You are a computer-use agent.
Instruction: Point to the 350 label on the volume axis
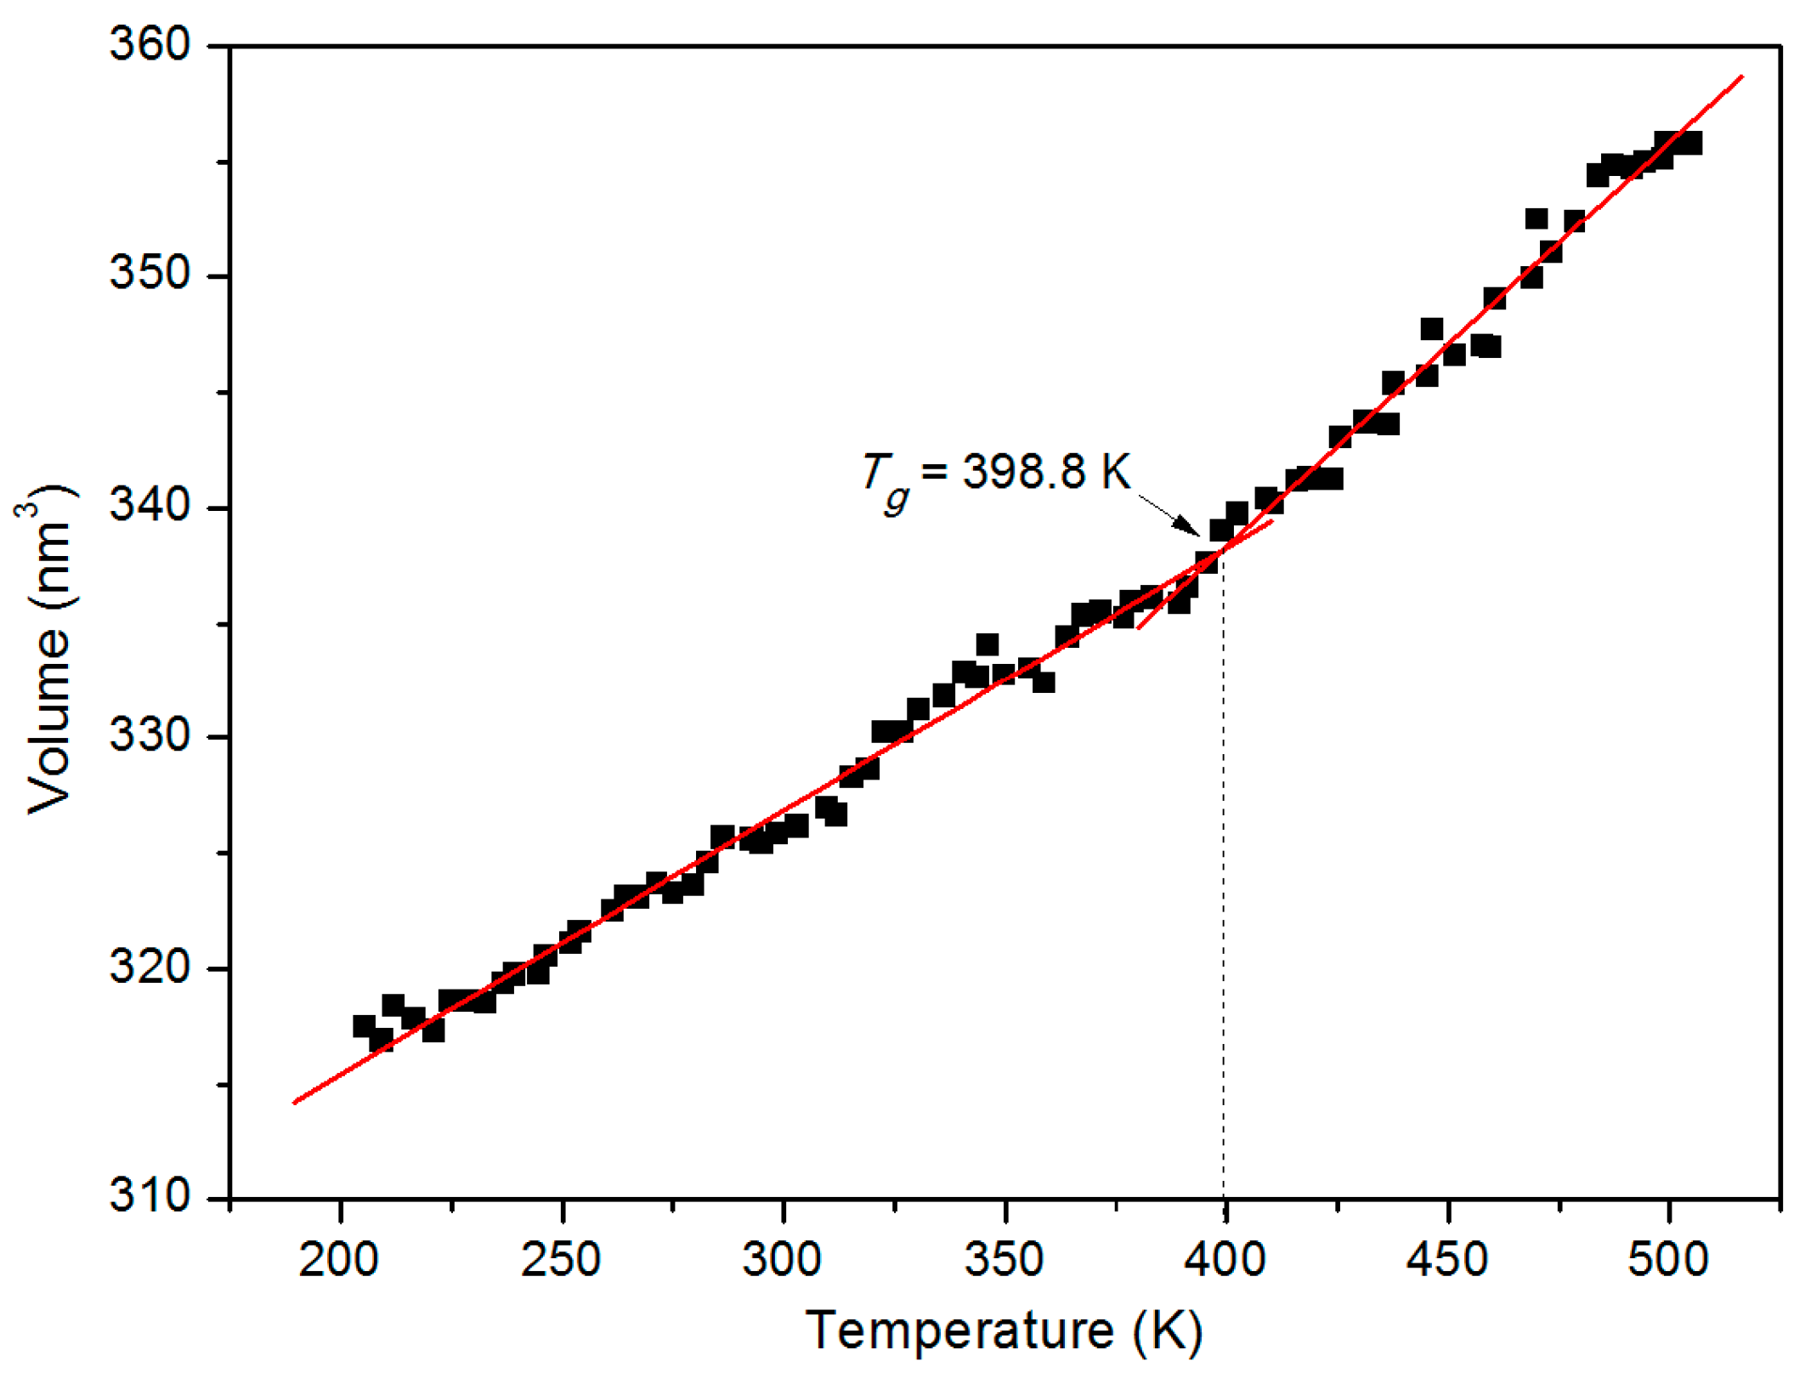[x=149, y=275]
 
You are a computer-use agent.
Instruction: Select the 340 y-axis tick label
[x=149, y=507]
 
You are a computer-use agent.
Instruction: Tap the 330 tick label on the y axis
[x=149, y=736]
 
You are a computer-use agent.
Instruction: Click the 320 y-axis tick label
[x=149, y=967]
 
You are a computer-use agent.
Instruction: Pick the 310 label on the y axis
[x=149, y=1197]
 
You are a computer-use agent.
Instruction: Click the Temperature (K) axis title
[x=1004, y=1330]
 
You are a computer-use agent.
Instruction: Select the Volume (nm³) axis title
[x=47, y=650]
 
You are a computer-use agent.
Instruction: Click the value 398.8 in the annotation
[x=1023, y=471]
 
